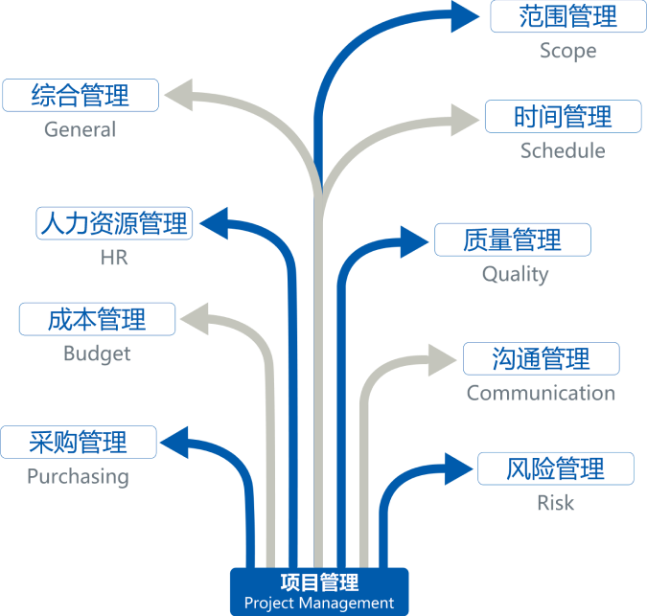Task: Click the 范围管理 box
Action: click(567, 16)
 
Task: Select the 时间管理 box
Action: click(562, 117)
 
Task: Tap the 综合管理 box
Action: click(80, 95)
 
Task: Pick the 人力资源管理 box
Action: click(114, 223)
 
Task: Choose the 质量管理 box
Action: click(512, 240)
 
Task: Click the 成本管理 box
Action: click(97, 319)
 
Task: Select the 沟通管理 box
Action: click(541, 359)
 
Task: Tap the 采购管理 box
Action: click(78, 443)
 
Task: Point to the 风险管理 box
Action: click(555, 469)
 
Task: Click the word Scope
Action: click(567, 51)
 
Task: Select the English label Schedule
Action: click(563, 150)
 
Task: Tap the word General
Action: click(80, 129)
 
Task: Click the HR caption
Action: click(113, 258)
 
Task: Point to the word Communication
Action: click(541, 393)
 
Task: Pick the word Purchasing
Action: click(78, 476)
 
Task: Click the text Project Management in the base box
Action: click(318, 603)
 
